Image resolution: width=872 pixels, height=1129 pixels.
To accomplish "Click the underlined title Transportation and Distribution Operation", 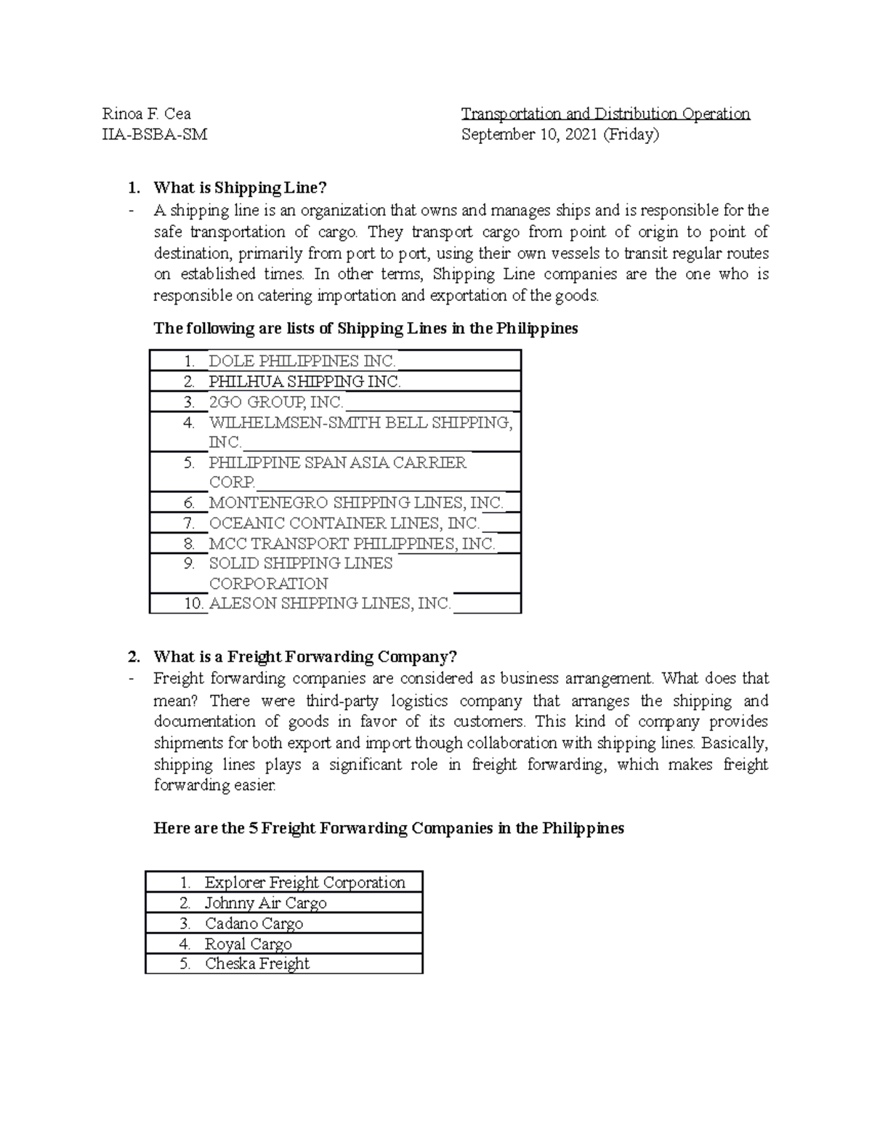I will (606, 114).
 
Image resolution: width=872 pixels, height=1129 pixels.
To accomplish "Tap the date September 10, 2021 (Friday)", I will (560, 134).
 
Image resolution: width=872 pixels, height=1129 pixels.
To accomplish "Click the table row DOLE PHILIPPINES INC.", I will (302, 361).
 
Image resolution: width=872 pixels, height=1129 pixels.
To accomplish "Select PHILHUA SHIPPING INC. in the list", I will (304, 382).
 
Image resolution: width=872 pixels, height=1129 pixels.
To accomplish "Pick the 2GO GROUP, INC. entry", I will (276, 402).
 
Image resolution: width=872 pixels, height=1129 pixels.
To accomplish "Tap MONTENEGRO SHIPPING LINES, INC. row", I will (356, 502).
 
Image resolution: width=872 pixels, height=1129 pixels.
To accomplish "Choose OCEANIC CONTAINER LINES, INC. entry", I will (344, 523).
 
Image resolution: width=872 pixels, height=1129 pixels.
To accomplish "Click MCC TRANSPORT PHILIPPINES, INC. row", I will (352, 543).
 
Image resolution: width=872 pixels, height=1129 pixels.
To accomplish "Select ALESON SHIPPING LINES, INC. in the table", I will (330, 603).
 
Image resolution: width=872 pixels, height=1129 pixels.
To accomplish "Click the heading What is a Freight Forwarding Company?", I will (305, 657).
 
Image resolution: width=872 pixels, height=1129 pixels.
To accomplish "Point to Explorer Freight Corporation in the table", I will (305, 883).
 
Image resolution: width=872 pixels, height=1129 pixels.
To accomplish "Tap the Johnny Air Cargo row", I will (266, 903).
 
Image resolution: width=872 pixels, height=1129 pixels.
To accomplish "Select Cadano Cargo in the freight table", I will (254, 923).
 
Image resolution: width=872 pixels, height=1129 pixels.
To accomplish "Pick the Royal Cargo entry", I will (249, 944).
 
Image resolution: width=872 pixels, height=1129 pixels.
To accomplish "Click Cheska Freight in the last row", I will (257, 964).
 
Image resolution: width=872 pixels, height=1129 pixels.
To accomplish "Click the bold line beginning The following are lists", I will (366, 329).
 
